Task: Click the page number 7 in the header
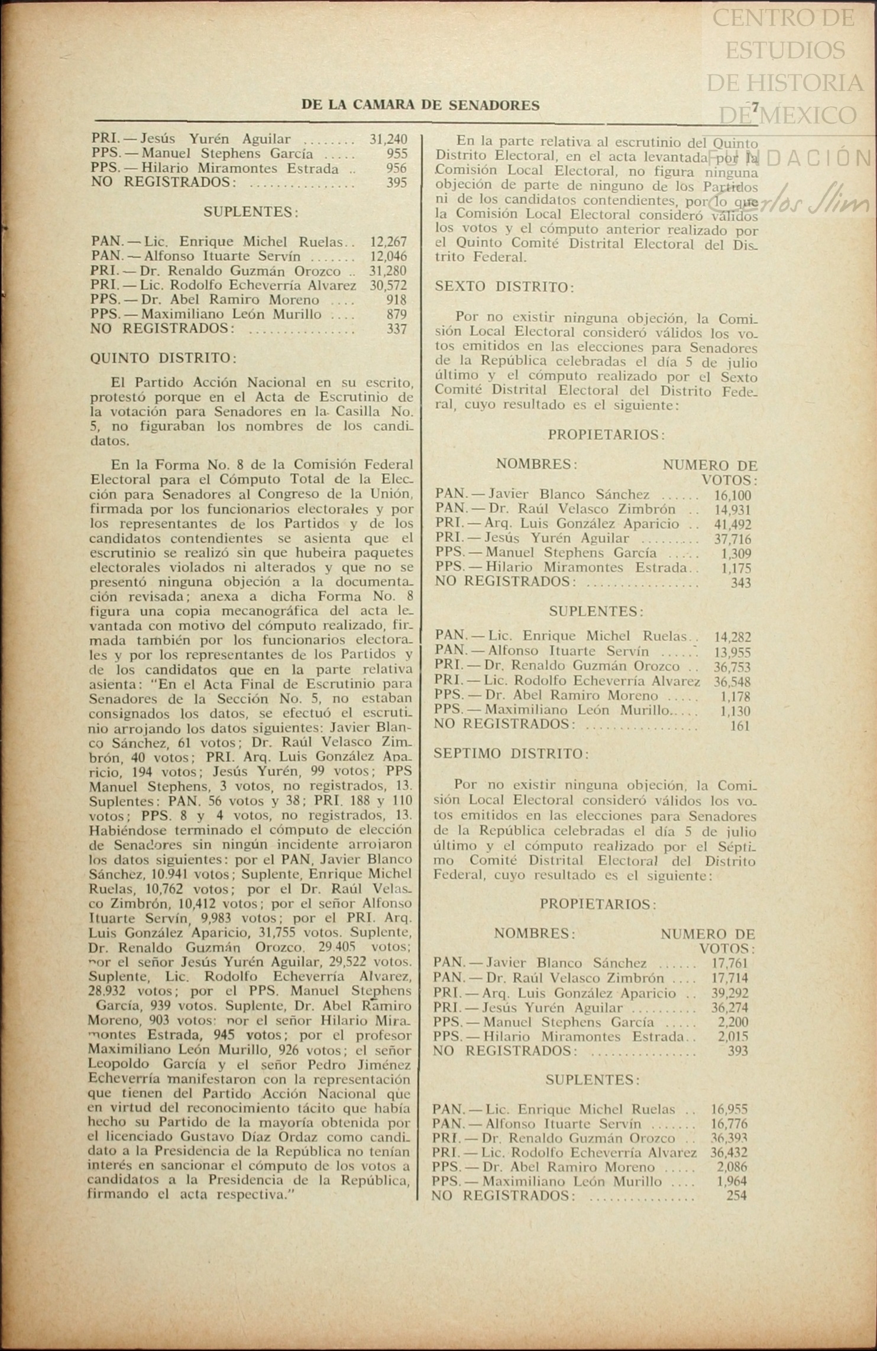click(x=755, y=108)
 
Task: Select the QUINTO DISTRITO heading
click(x=163, y=358)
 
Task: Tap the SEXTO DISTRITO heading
click(x=504, y=287)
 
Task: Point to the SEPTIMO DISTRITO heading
click(x=511, y=754)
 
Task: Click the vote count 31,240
click(x=389, y=140)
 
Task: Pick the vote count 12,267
click(x=389, y=242)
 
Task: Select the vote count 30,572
click(x=389, y=286)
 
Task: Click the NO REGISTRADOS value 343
click(x=740, y=583)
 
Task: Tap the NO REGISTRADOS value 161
click(x=739, y=725)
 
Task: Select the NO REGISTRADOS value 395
click(x=396, y=183)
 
